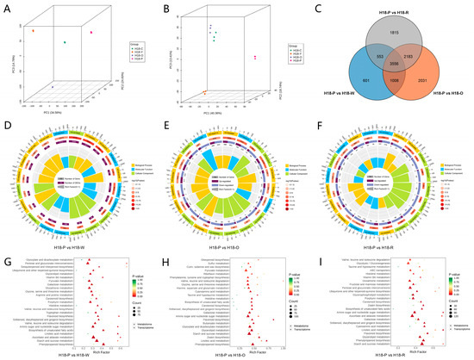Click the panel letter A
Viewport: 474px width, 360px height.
(x=5, y=7)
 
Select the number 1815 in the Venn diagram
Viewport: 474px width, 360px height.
(x=396, y=31)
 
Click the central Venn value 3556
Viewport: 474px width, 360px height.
(x=394, y=64)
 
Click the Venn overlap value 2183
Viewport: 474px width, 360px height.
(x=420, y=56)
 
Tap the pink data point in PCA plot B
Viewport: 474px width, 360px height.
(x=254, y=58)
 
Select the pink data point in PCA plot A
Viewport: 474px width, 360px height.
(x=91, y=32)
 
